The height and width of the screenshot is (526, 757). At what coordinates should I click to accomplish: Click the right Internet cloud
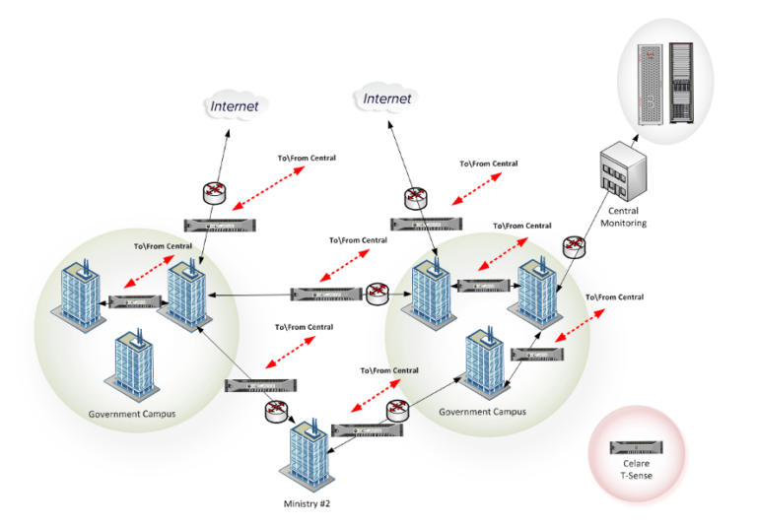point(387,99)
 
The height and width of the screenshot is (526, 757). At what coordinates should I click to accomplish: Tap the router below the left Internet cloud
point(215,193)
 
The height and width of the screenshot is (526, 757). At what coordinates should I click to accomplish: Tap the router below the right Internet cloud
point(416,197)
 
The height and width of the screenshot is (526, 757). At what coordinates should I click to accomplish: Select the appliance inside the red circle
point(636,448)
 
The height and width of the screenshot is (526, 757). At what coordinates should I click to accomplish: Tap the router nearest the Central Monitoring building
point(573,247)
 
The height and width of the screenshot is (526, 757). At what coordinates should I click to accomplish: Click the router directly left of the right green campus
point(377,293)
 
